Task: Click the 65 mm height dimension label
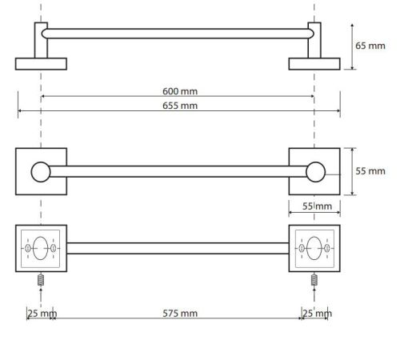pyautogui.click(x=370, y=46)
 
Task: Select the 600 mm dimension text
pyautogui.click(x=180, y=91)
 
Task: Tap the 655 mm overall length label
pyautogui.click(x=180, y=106)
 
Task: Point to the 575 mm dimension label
pyautogui.click(x=180, y=314)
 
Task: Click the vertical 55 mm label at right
pyautogui.click(x=370, y=171)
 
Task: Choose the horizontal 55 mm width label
pyautogui.click(x=317, y=206)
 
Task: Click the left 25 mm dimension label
pyautogui.click(x=42, y=314)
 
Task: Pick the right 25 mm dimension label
pyautogui.click(x=318, y=314)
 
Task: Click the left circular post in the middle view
pyautogui.click(x=41, y=172)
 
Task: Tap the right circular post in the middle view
pyautogui.click(x=316, y=172)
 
